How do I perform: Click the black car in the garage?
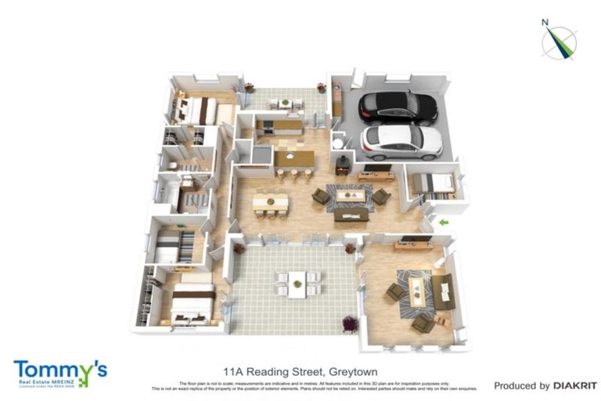click(x=398, y=108)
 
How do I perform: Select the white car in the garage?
click(x=401, y=142)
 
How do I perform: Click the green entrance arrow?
click(x=444, y=223)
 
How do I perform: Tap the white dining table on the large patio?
click(x=297, y=283)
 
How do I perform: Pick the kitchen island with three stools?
click(x=294, y=159)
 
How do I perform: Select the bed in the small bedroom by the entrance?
click(x=432, y=184)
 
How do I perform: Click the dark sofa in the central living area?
click(x=351, y=214)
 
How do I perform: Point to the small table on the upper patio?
click(x=284, y=103)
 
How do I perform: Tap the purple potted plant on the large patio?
click(x=350, y=323)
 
